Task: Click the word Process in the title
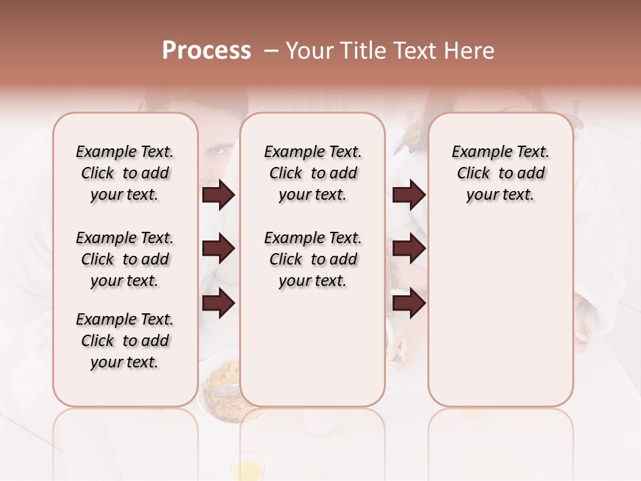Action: point(206,51)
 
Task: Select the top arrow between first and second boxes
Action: point(218,195)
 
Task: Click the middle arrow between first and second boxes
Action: point(218,249)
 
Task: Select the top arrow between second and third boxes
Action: point(409,195)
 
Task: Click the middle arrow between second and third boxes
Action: point(409,249)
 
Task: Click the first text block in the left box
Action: point(125,173)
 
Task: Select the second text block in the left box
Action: point(125,259)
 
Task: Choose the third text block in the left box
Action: point(125,341)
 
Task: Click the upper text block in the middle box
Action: point(313,173)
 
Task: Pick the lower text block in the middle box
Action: point(313,259)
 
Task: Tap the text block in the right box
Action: point(501,173)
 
